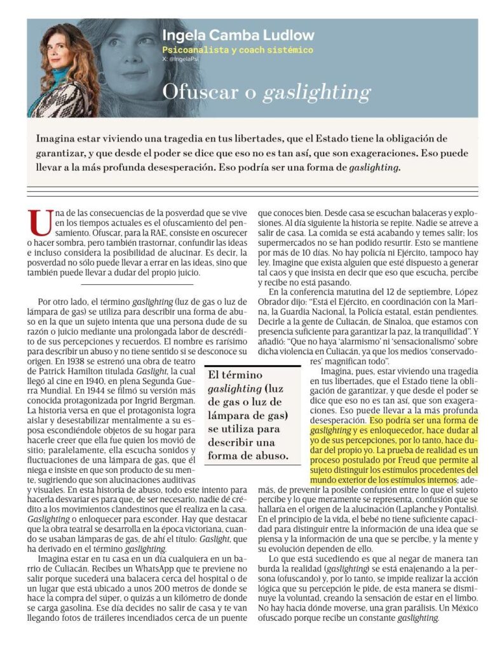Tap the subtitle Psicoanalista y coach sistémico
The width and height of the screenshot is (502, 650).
238,50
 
